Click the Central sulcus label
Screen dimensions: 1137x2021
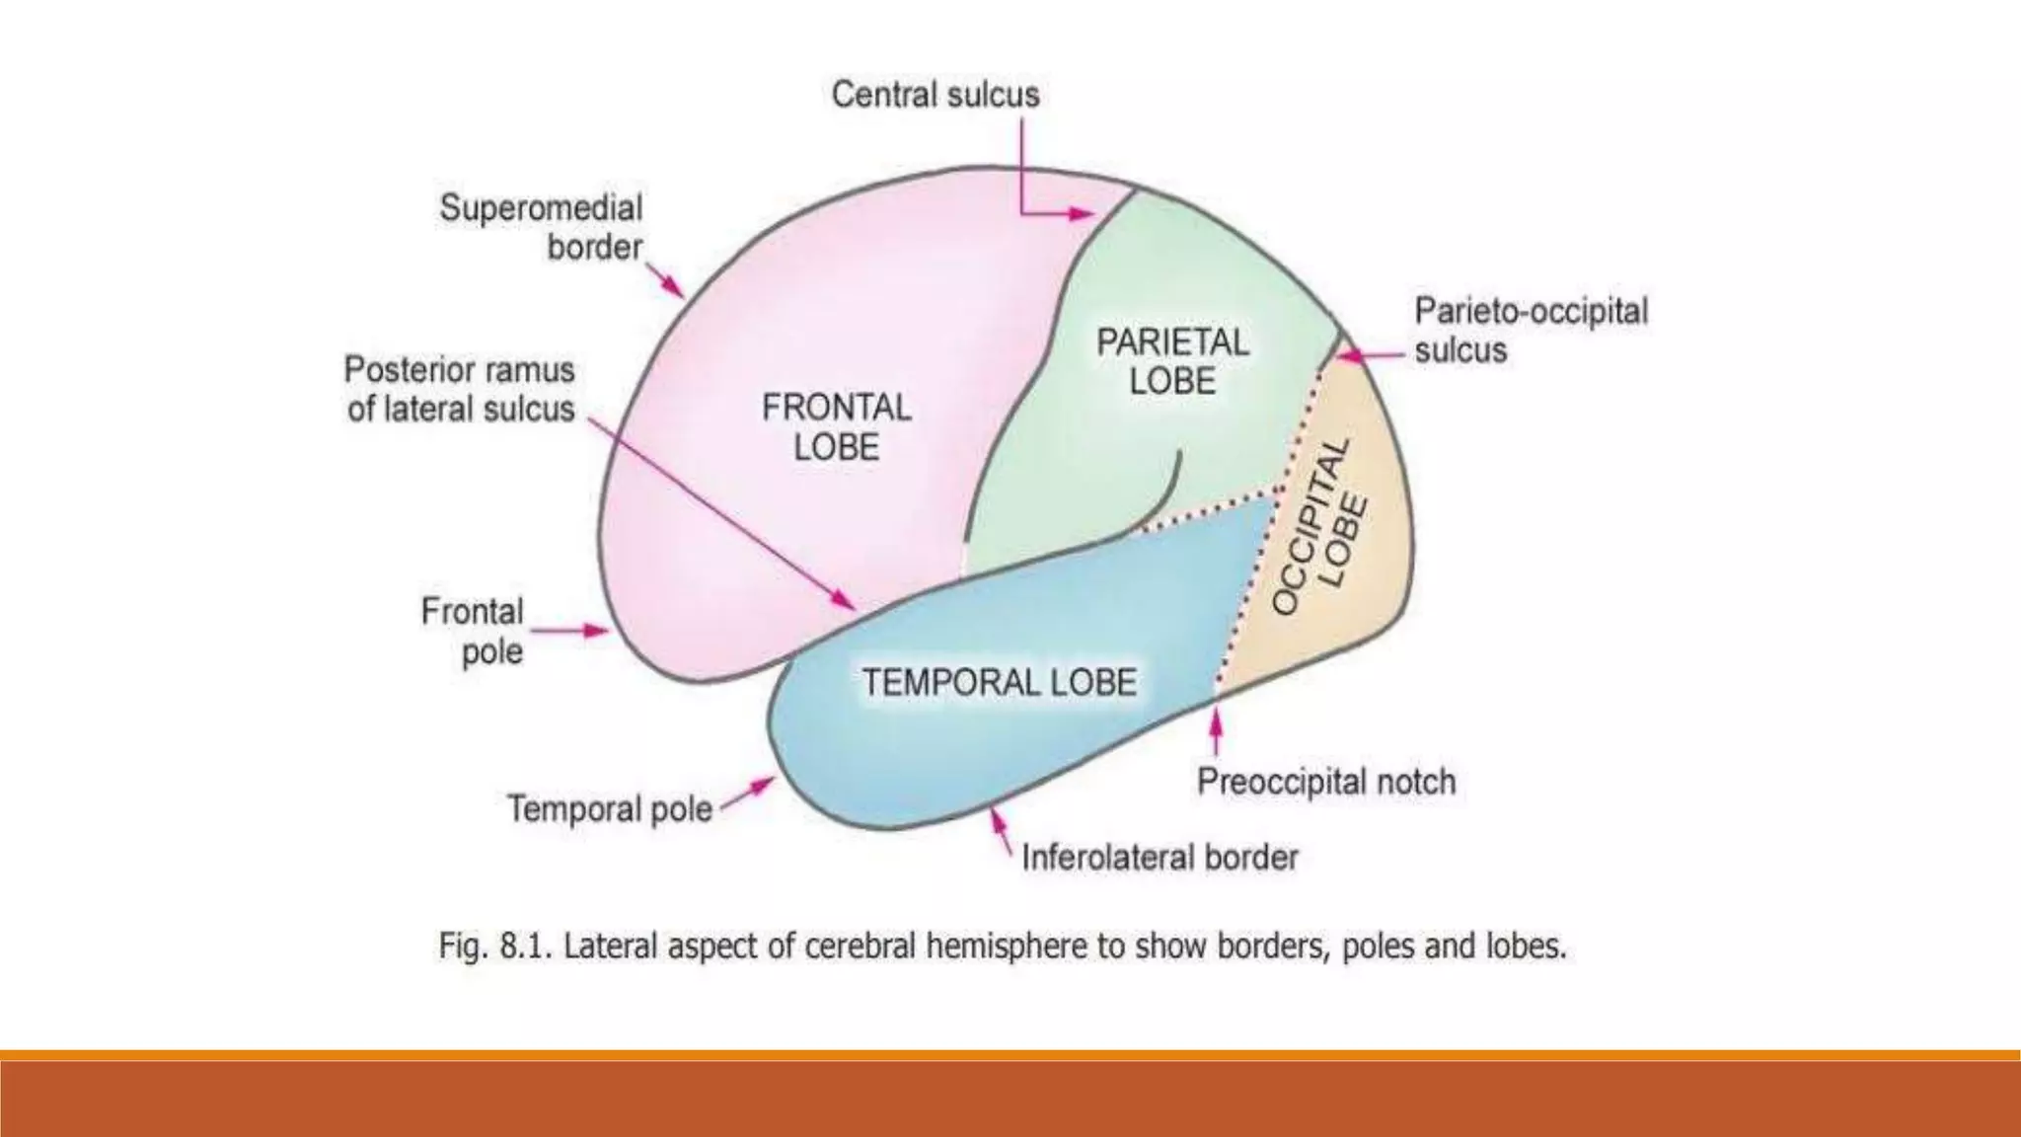(x=935, y=95)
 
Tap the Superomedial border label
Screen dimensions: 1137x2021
(x=541, y=227)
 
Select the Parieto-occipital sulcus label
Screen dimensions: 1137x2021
(x=1531, y=330)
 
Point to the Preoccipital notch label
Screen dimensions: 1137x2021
(x=1326, y=782)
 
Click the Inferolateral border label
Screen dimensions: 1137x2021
(x=1160, y=858)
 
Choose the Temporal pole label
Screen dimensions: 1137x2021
(x=610, y=809)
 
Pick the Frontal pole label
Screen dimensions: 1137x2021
(x=472, y=631)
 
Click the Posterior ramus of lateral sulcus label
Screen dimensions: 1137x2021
(x=460, y=389)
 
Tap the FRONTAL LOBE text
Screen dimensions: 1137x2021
(x=836, y=426)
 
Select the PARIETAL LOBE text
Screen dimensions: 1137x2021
(x=1172, y=361)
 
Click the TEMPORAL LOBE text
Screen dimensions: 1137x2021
(x=1000, y=682)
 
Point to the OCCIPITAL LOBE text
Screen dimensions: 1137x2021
(x=1322, y=527)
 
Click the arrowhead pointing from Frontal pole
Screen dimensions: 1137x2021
(x=596, y=630)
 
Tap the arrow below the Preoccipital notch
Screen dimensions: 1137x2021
(x=1217, y=730)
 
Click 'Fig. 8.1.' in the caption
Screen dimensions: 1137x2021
(x=494, y=947)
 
